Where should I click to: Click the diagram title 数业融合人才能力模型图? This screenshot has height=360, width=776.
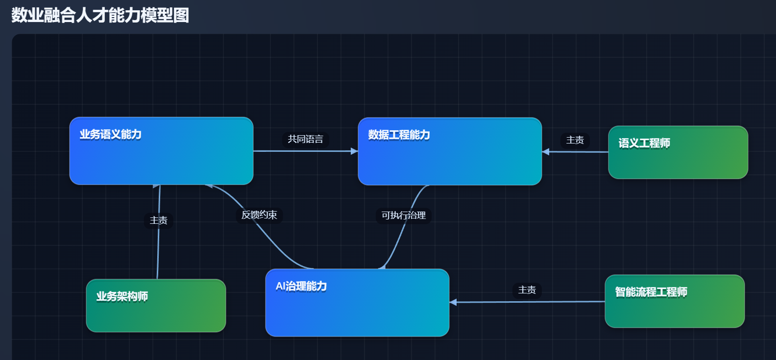pyautogui.click(x=100, y=15)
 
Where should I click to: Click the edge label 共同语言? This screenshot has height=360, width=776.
pyautogui.click(x=305, y=139)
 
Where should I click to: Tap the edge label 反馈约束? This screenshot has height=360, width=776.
pyautogui.click(x=259, y=215)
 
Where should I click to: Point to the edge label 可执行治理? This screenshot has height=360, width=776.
pyautogui.click(x=403, y=216)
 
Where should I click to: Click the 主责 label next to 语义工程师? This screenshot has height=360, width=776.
pyautogui.click(x=575, y=140)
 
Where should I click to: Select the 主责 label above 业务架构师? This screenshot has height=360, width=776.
pyautogui.click(x=158, y=220)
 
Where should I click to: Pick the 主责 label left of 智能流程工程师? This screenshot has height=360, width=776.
pyautogui.click(x=527, y=290)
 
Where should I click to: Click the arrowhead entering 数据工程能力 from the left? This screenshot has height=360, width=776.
pyautogui.click(x=355, y=151)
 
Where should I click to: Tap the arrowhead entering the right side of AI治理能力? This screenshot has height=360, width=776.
pyautogui.click(x=453, y=302)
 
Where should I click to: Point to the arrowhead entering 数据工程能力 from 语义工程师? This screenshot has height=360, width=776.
pyautogui.click(x=546, y=152)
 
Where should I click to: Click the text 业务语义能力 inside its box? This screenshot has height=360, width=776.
pyautogui.click(x=111, y=134)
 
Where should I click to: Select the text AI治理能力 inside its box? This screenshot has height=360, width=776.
pyautogui.click(x=301, y=286)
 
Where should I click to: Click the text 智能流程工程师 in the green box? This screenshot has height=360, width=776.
pyautogui.click(x=651, y=292)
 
